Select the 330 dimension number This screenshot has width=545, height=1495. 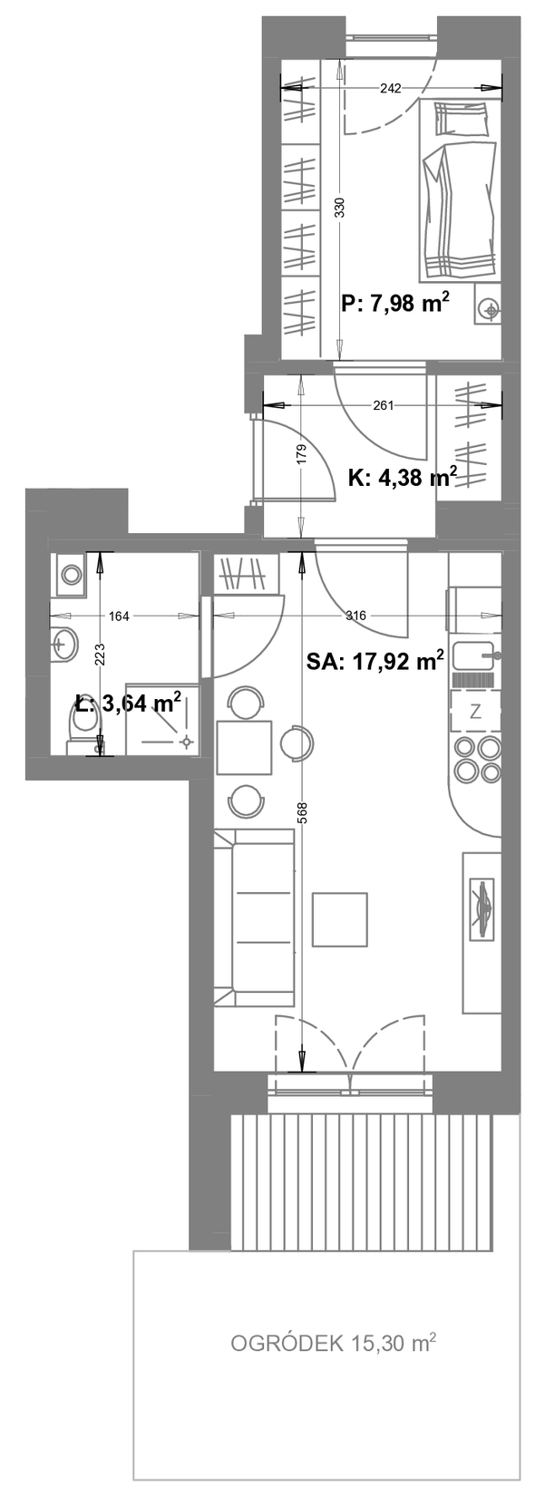click(339, 208)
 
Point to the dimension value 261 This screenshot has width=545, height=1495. click(383, 404)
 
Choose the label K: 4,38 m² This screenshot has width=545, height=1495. click(403, 477)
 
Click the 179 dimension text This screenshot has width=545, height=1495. click(300, 454)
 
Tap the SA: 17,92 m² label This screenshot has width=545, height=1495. click(376, 661)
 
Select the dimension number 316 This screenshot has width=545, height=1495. click(355, 616)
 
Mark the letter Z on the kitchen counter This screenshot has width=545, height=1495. click(475, 712)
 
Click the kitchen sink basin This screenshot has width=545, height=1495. click(472, 655)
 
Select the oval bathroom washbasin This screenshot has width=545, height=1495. click(64, 645)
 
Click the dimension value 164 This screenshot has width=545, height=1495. click(118, 616)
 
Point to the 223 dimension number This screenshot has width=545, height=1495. click(100, 654)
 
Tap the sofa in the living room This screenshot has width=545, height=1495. click(255, 917)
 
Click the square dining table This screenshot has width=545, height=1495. click(244, 747)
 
